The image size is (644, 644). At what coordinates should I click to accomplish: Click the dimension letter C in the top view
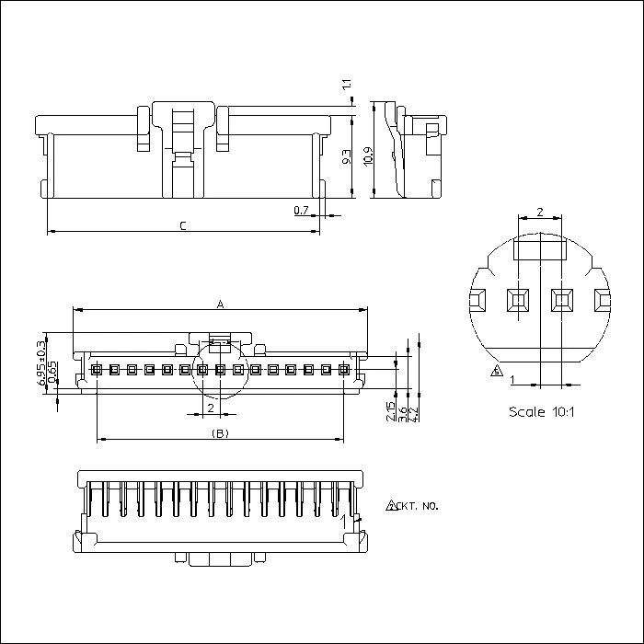coord(183,225)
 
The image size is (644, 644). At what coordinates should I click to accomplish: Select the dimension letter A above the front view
coord(219,304)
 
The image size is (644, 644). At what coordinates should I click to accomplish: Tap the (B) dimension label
coord(220,432)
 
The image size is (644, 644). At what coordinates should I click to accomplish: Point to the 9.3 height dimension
coord(347,157)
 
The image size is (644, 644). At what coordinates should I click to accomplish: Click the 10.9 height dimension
coord(367,156)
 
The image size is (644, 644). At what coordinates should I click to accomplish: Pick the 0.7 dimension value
coord(301,211)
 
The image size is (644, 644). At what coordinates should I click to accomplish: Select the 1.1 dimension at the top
coord(347,86)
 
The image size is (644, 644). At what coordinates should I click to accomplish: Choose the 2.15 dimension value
coord(392,412)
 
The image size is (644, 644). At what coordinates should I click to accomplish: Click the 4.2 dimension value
coord(416,415)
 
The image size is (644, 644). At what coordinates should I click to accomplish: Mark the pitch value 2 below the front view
coord(211,408)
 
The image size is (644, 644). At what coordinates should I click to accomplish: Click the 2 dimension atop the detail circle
coord(539,213)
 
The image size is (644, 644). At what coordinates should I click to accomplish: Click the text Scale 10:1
coord(541,411)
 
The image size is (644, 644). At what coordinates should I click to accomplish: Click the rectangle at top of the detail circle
coord(539,247)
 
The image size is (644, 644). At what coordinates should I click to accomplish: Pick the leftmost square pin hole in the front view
coord(97,371)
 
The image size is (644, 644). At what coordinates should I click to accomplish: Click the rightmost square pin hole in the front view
coord(344,371)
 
